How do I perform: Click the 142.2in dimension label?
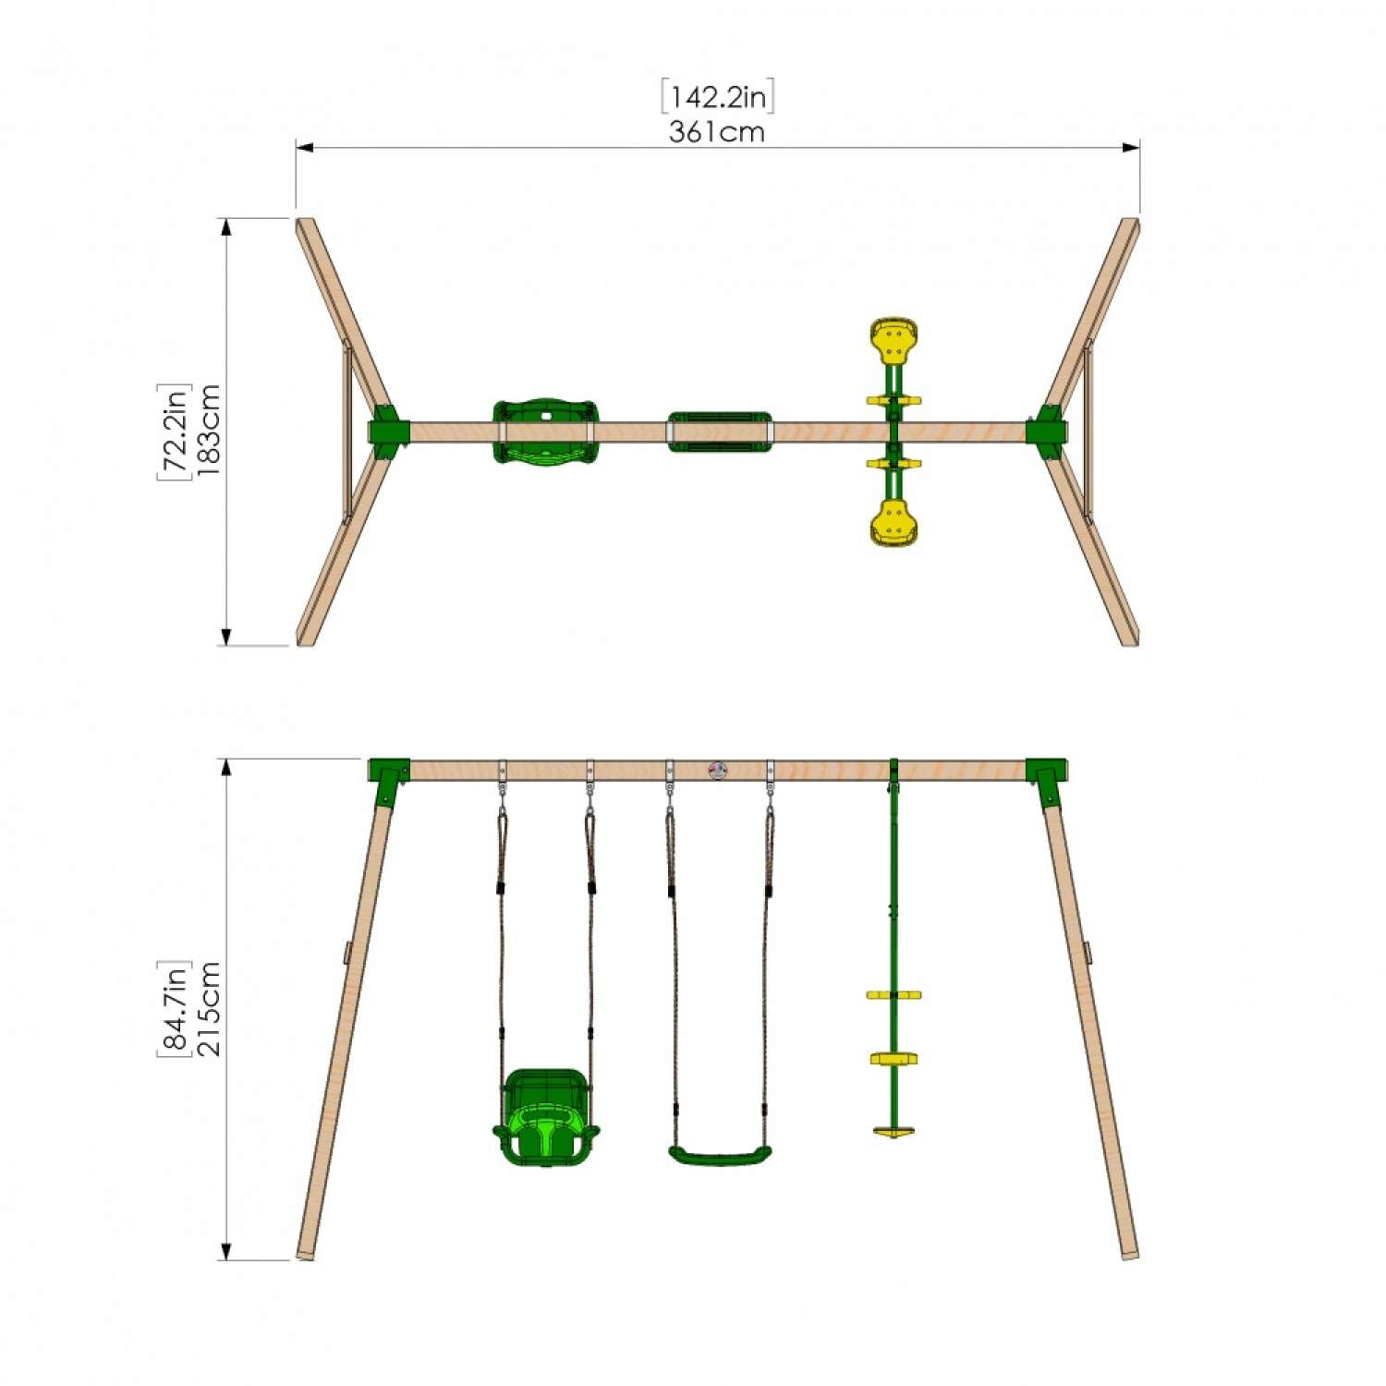[x=717, y=97]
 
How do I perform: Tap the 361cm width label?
[x=717, y=132]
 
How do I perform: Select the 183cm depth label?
[x=207, y=430]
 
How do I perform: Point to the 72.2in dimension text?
[x=174, y=432]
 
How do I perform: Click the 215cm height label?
[x=208, y=1008]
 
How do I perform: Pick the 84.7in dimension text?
[x=174, y=1008]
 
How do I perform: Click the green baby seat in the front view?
[x=545, y=1118]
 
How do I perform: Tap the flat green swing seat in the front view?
[x=720, y=1156]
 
